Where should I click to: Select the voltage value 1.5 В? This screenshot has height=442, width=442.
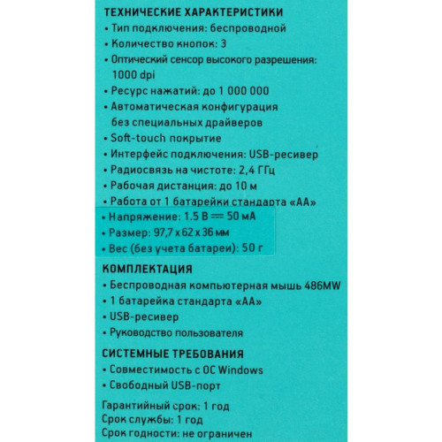click(x=198, y=217)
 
